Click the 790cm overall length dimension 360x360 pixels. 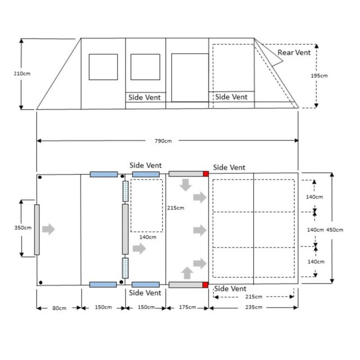(164, 141)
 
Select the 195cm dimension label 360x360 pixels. (319, 76)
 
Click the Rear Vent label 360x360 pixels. (294, 53)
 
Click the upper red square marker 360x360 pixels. (206, 174)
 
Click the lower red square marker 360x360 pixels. (206, 284)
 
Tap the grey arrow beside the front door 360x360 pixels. (49, 229)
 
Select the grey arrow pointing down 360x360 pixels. (185, 184)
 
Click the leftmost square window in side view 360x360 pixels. (103, 67)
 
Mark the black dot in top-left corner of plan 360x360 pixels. (40, 177)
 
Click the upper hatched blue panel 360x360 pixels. (126, 191)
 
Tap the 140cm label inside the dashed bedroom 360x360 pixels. (147, 237)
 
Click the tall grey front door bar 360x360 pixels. (37, 229)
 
